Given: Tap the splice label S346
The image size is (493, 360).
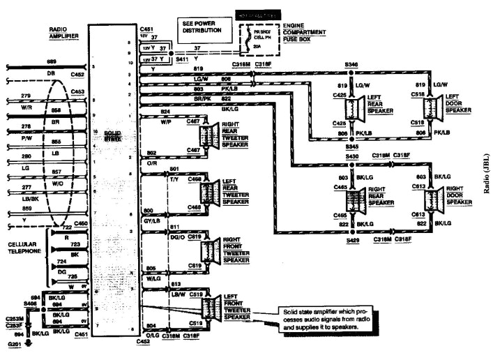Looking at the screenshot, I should tap(353, 63).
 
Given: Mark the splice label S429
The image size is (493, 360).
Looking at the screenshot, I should tap(354, 239).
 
